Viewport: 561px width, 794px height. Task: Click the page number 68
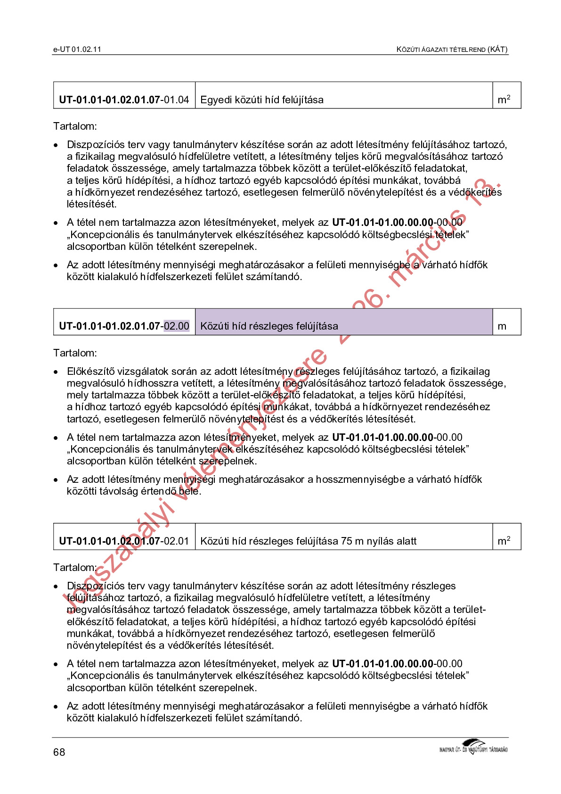59,752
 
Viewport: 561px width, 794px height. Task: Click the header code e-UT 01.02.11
77,49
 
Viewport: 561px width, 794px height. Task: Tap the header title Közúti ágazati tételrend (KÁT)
452,49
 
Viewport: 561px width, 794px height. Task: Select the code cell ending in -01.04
124,99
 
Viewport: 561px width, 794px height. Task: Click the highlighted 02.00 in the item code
176,326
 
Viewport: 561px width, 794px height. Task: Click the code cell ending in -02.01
124,541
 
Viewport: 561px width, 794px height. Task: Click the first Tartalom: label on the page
75,126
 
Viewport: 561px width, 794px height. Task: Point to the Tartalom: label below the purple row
75,353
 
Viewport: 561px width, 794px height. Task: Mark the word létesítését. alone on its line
91,204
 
